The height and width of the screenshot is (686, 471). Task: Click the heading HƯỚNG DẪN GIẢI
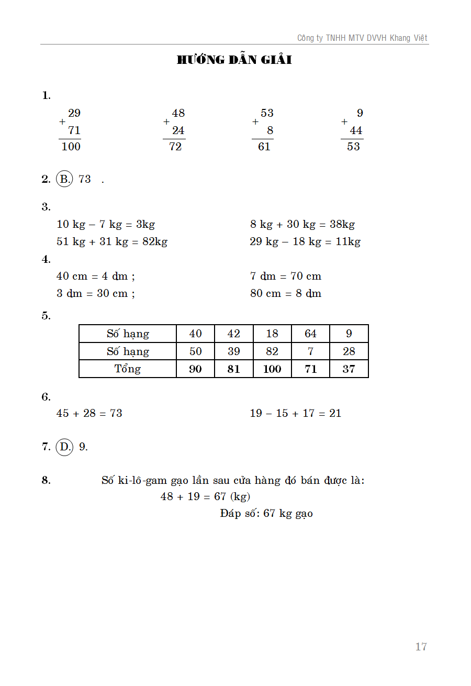(234, 60)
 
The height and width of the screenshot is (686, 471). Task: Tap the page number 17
(421, 647)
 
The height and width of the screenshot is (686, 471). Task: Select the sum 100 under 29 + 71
(71, 147)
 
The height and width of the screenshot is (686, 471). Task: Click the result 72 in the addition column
(175, 147)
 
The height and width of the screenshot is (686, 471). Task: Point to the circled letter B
(64, 179)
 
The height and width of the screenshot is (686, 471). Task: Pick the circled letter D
(64, 447)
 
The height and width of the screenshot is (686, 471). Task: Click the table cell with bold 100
(272, 369)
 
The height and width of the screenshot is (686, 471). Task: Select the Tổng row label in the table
(128, 369)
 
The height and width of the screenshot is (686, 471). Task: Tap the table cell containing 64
(310, 334)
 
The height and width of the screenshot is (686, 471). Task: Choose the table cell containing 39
(234, 351)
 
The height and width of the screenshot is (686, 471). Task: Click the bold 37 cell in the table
(349, 369)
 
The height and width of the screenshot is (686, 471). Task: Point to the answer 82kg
(155, 241)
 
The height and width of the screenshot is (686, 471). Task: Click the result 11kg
(348, 241)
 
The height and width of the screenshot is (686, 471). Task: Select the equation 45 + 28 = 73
(89, 413)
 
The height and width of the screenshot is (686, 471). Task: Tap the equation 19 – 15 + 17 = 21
(296, 413)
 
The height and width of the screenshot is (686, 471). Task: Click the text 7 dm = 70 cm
(286, 276)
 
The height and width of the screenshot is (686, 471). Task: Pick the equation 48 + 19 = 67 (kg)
(205, 496)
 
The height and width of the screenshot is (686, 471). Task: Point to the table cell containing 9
(349, 334)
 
